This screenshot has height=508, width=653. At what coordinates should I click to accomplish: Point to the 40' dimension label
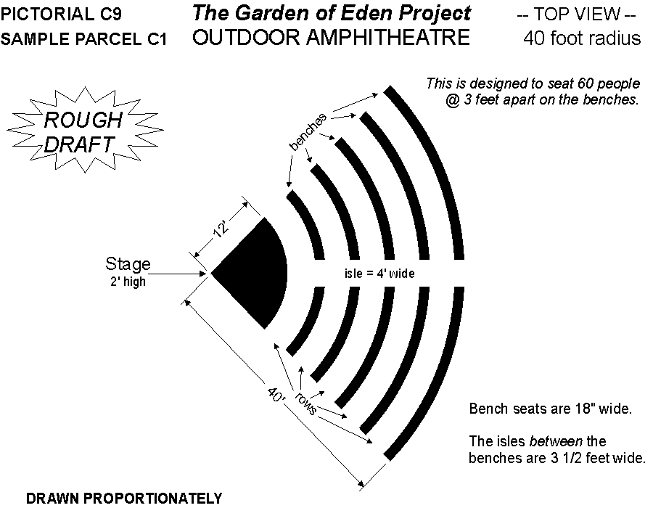pyautogui.click(x=276, y=394)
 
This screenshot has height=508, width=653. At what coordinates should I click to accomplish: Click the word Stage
pyautogui.click(x=128, y=264)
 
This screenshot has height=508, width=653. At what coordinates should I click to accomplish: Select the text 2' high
pyautogui.click(x=128, y=282)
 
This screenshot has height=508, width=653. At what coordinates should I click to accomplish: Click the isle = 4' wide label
pyautogui.click(x=379, y=274)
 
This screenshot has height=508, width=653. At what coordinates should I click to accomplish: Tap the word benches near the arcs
pyautogui.click(x=308, y=131)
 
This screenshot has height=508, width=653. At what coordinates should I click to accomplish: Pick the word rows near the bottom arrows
pyautogui.click(x=306, y=403)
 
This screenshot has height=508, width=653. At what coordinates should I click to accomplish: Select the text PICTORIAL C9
pyautogui.click(x=61, y=15)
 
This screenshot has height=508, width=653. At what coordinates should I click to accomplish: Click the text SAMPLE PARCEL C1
pyautogui.click(x=83, y=39)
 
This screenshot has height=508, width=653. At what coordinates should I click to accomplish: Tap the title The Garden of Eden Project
pyautogui.click(x=332, y=13)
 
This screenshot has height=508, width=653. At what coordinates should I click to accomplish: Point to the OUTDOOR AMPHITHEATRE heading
pyautogui.click(x=331, y=38)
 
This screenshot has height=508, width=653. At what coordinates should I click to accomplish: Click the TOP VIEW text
pyautogui.click(x=576, y=15)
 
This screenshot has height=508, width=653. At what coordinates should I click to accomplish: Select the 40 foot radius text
pyautogui.click(x=582, y=38)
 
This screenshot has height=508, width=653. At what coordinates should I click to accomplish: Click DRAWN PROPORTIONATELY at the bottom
pyautogui.click(x=124, y=498)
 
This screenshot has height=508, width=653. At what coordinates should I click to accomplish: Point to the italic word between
pyautogui.click(x=556, y=441)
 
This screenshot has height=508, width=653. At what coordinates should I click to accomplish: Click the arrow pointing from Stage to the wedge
pyautogui.click(x=177, y=274)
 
